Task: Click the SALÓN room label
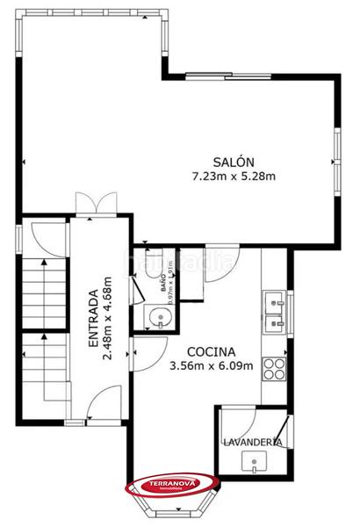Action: [234, 162]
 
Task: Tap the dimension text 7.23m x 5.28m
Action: [234, 177]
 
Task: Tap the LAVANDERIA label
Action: [252, 442]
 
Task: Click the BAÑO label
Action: [162, 282]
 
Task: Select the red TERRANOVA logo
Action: [172, 484]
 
